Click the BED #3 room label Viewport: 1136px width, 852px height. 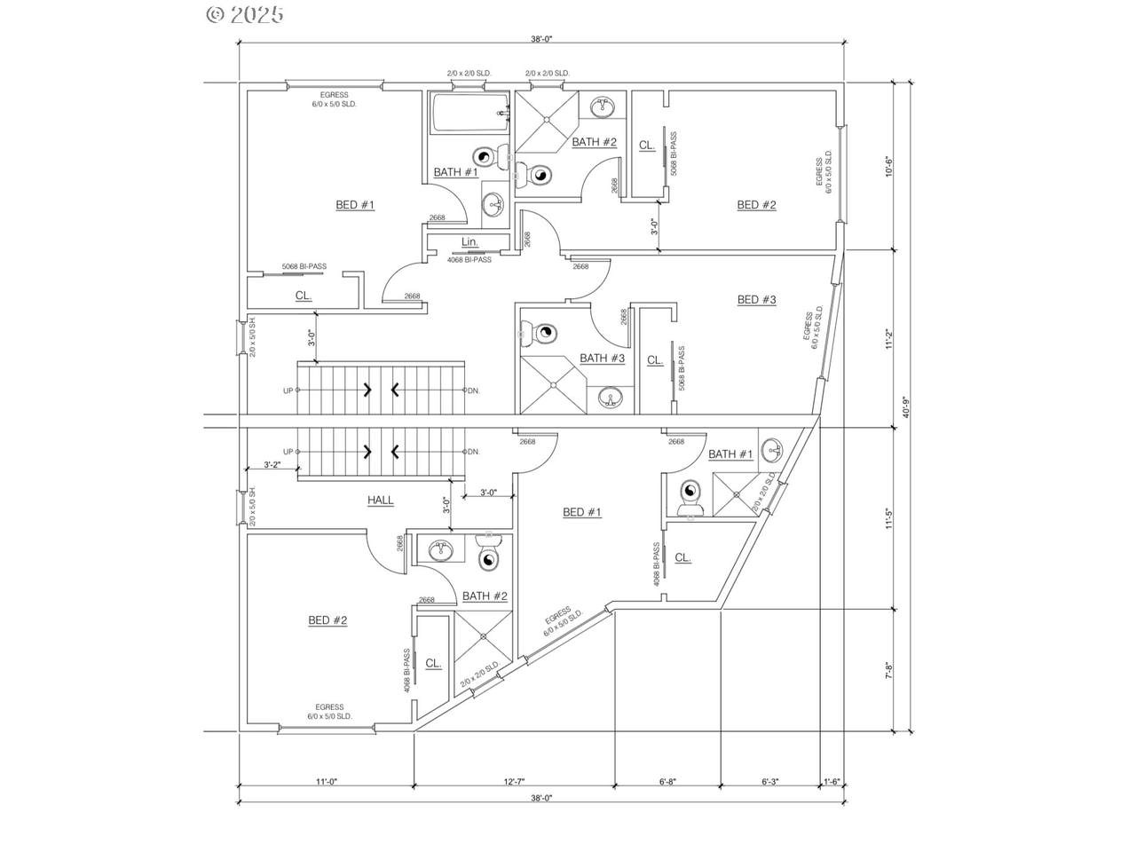point(756,300)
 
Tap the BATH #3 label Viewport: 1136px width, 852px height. point(603,359)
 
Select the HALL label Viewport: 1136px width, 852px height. point(381,501)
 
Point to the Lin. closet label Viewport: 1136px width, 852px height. point(469,242)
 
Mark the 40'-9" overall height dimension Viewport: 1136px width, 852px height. point(906,407)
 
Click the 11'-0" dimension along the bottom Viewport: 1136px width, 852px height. point(327,782)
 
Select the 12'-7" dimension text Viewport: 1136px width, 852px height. point(515,782)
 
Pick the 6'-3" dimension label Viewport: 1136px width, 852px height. point(769,782)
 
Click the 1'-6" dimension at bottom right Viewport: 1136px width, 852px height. point(832,782)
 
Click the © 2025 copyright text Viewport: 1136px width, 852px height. point(245,14)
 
